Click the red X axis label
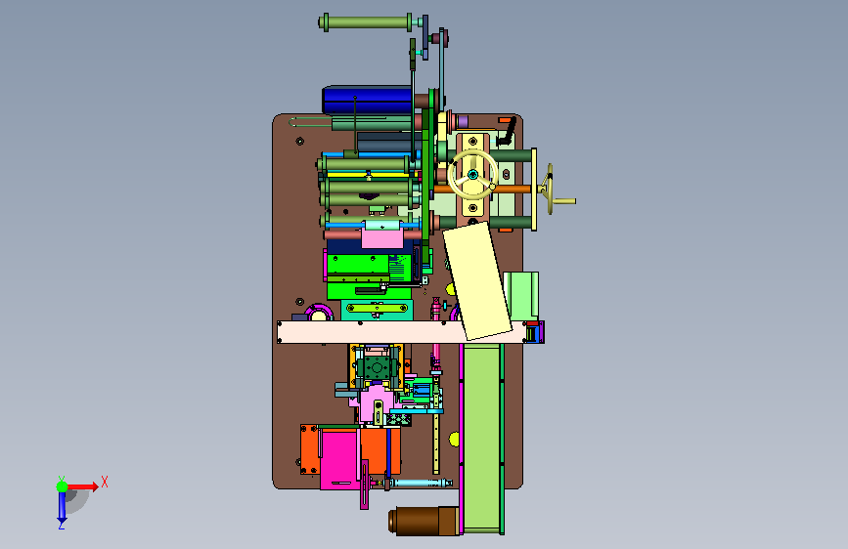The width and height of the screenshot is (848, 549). [105, 482]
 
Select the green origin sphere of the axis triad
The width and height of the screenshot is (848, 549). [63, 486]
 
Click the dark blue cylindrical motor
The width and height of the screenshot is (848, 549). [367, 101]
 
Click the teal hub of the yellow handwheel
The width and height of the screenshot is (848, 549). [472, 174]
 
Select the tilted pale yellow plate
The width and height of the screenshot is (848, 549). [477, 281]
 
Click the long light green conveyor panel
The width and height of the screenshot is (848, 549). [481, 438]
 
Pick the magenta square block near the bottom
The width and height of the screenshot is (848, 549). [339, 459]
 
